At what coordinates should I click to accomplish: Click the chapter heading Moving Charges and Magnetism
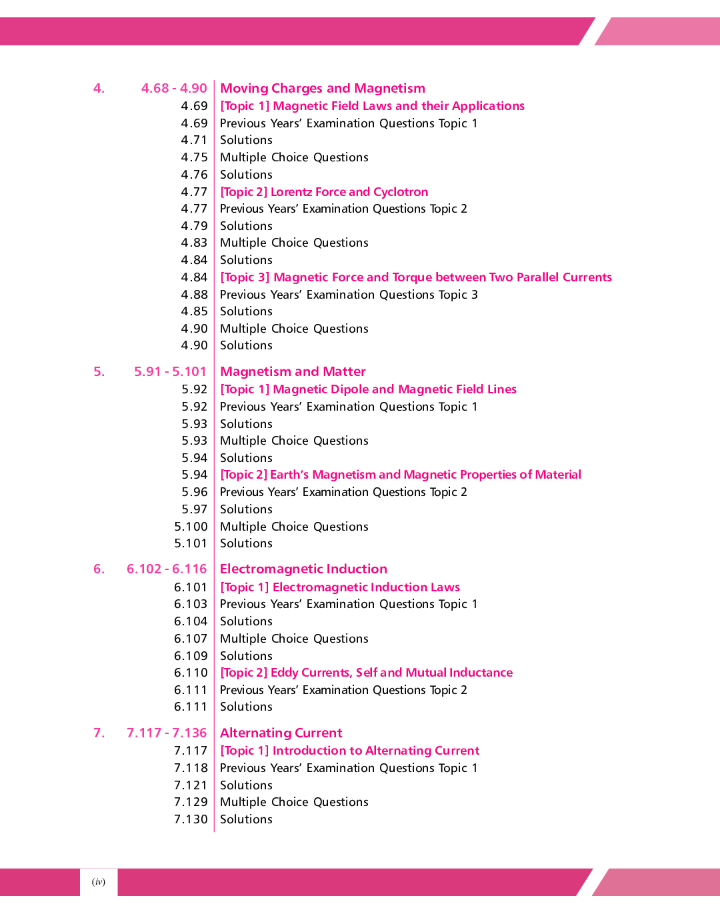click(322, 89)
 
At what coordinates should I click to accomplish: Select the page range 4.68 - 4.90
click(174, 89)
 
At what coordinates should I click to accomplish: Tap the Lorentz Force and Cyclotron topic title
click(324, 192)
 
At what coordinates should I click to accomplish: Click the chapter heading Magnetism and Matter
click(293, 372)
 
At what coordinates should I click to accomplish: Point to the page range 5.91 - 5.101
click(170, 372)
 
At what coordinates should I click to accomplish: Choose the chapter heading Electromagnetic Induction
click(303, 569)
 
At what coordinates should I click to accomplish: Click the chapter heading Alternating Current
click(281, 733)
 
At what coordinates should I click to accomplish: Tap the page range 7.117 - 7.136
click(167, 733)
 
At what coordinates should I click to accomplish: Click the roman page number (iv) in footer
click(99, 882)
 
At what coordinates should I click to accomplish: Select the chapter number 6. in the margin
click(99, 569)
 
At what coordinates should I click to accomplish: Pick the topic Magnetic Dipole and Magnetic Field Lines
click(368, 389)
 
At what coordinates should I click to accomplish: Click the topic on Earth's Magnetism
click(400, 475)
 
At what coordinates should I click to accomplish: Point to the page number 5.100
click(191, 527)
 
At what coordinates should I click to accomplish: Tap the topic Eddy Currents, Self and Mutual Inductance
click(366, 673)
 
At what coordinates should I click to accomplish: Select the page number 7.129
click(191, 802)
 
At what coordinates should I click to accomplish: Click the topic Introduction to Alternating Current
click(349, 751)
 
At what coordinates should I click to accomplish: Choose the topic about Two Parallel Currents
click(415, 277)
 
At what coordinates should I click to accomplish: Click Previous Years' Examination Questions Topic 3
click(349, 295)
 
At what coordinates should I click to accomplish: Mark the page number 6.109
click(191, 656)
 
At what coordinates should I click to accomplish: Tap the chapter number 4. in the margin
click(99, 89)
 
